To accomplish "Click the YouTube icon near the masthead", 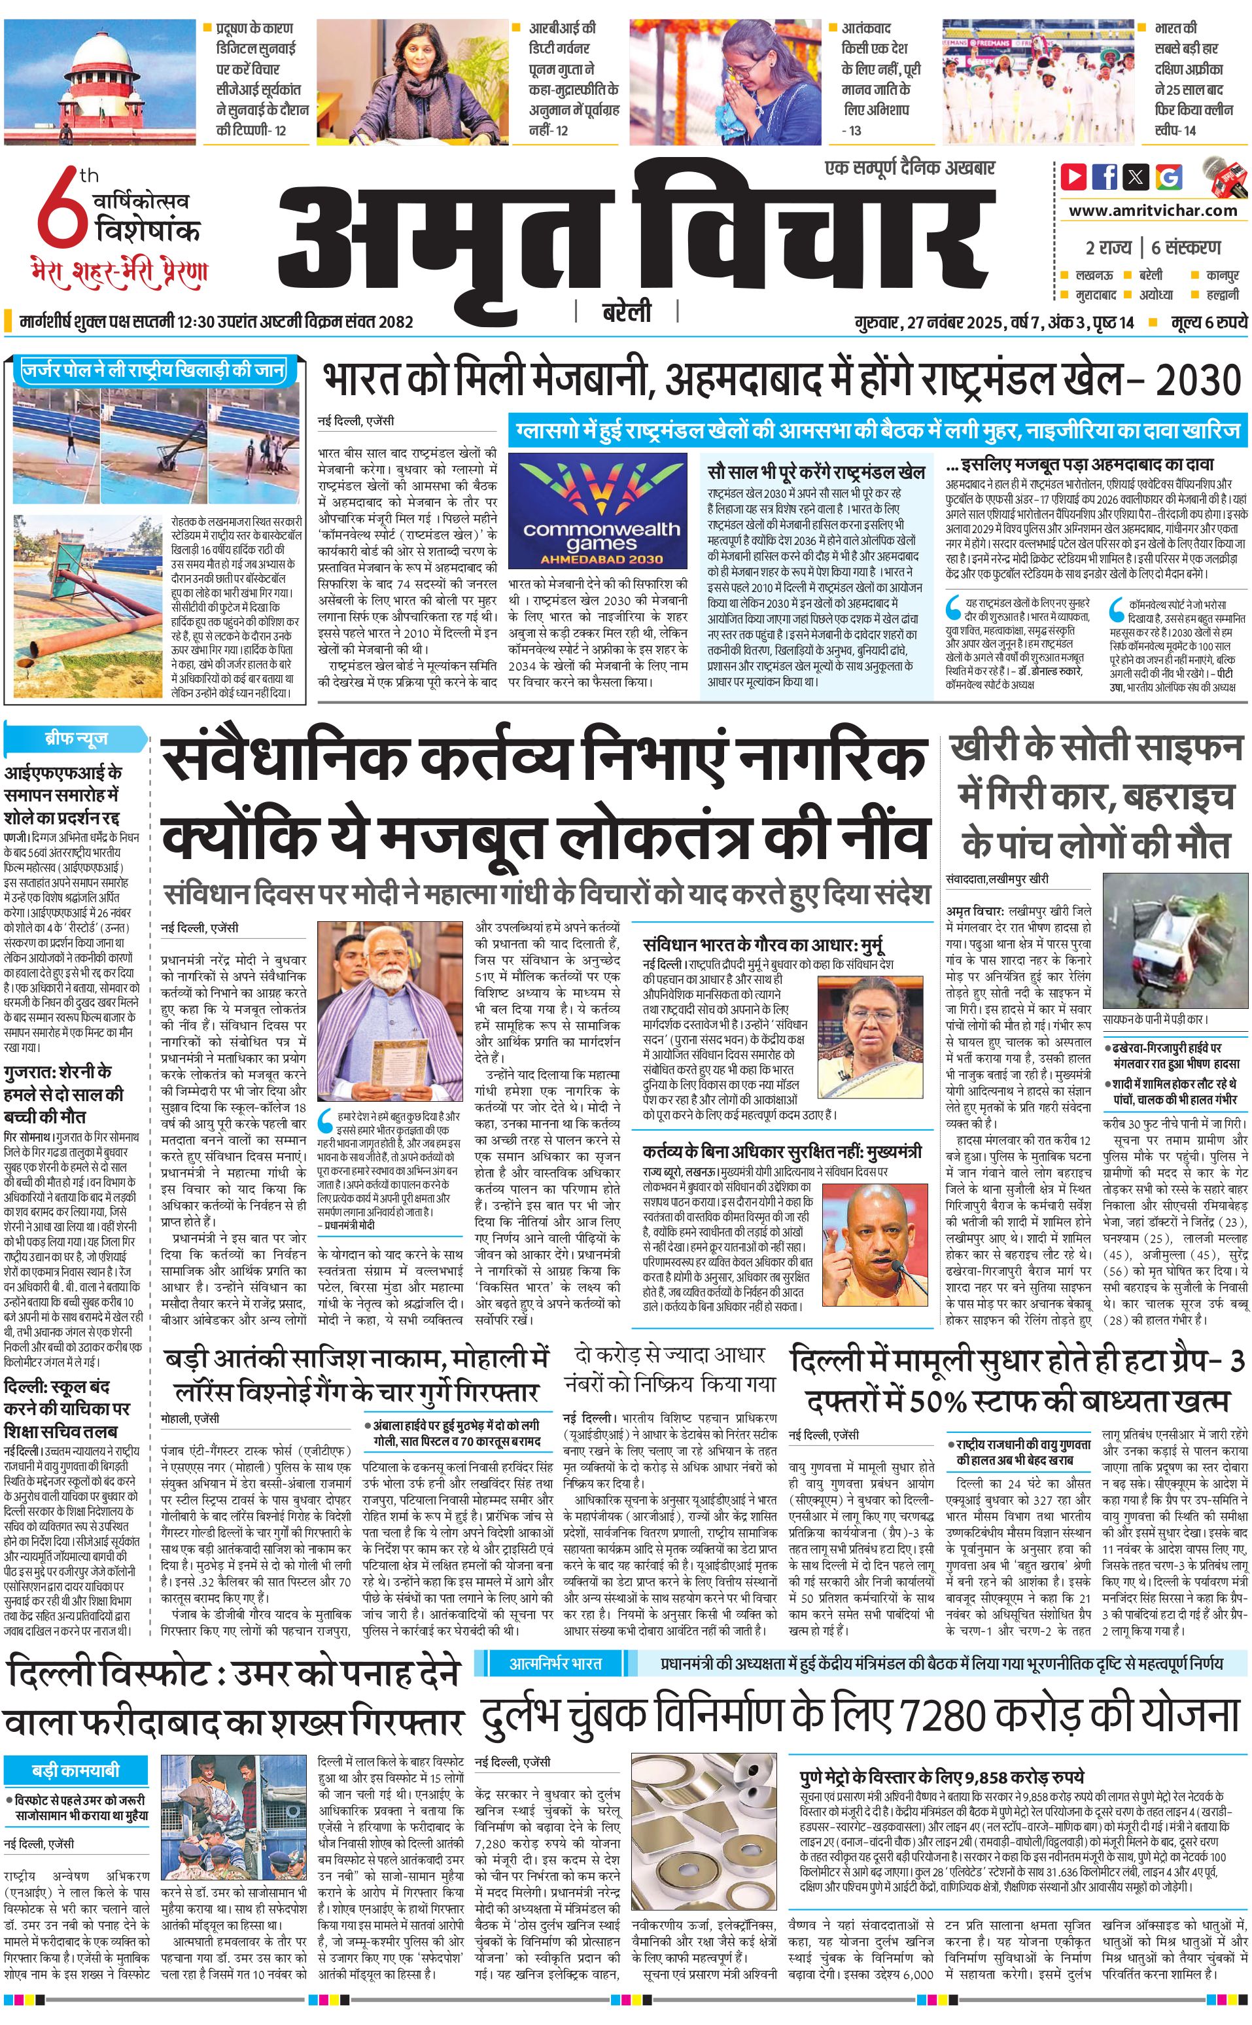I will [1074, 177].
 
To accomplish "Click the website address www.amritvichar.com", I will [1153, 211].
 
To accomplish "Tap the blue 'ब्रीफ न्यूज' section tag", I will [75, 738].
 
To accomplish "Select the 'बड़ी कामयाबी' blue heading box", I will [75, 1770].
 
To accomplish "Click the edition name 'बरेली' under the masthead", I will [626, 312].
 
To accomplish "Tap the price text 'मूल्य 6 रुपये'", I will [1208, 322].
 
